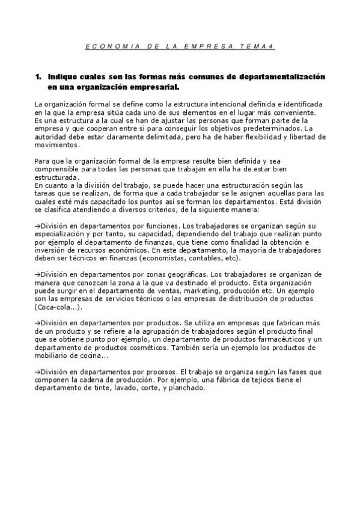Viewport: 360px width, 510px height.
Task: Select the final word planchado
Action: (189, 389)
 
